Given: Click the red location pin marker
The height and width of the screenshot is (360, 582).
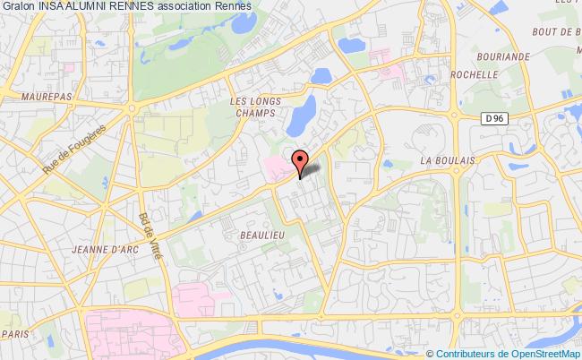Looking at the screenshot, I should pyautogui.click(x=300, y=160).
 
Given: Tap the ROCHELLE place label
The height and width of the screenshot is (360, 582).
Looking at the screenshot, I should pyautogui.click(x=474, y=75).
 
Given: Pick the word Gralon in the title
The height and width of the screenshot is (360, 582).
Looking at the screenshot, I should pyautogui.click(x=18, y=7).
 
